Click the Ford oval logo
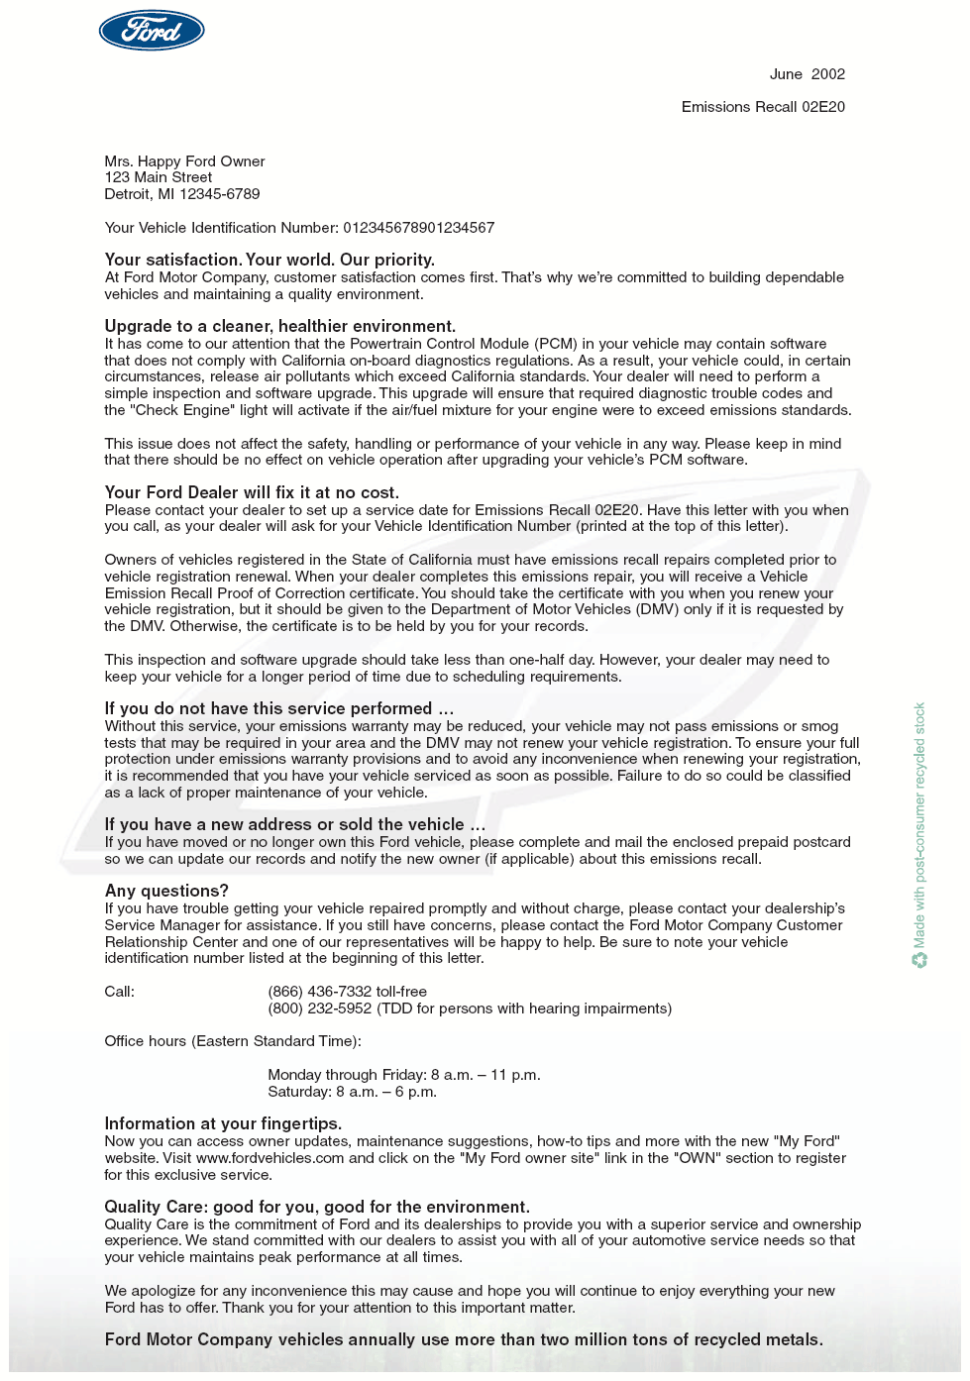coord(152,31)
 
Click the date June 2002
coord(807,74)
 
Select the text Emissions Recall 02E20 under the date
coord(763,107)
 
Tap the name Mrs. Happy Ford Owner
coord(184,161)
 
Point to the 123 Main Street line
coord(159,177)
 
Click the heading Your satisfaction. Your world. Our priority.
coord(269,260)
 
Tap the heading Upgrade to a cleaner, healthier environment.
coord(279,326)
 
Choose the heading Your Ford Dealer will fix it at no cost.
coord(252,492)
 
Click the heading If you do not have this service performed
coord(278,708)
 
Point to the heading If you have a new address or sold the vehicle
coord(294,824)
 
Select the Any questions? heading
coord(166,891)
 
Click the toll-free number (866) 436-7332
coord(320,992)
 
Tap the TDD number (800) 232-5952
coord(320,1009)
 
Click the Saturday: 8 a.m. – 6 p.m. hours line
coord(352,1092)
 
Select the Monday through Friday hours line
coord(403,1075)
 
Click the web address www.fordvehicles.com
coord(269,1158)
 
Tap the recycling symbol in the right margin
coord(919,959)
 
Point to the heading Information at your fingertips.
coord(223,1123)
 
